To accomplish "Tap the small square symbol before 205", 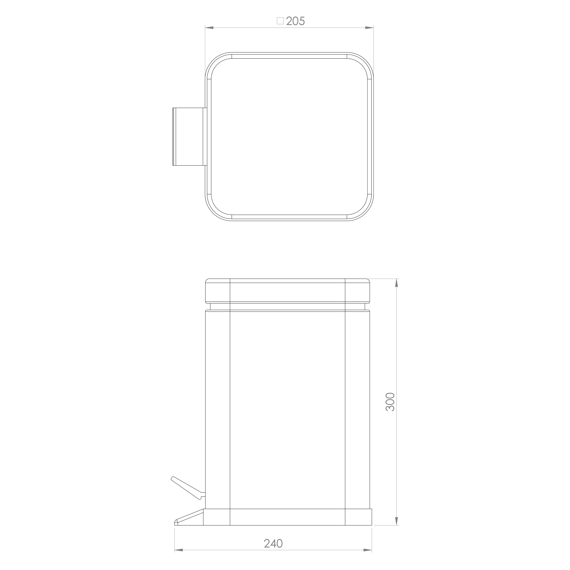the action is (x=280, y=21).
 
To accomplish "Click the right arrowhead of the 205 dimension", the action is (x=369, y=28).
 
